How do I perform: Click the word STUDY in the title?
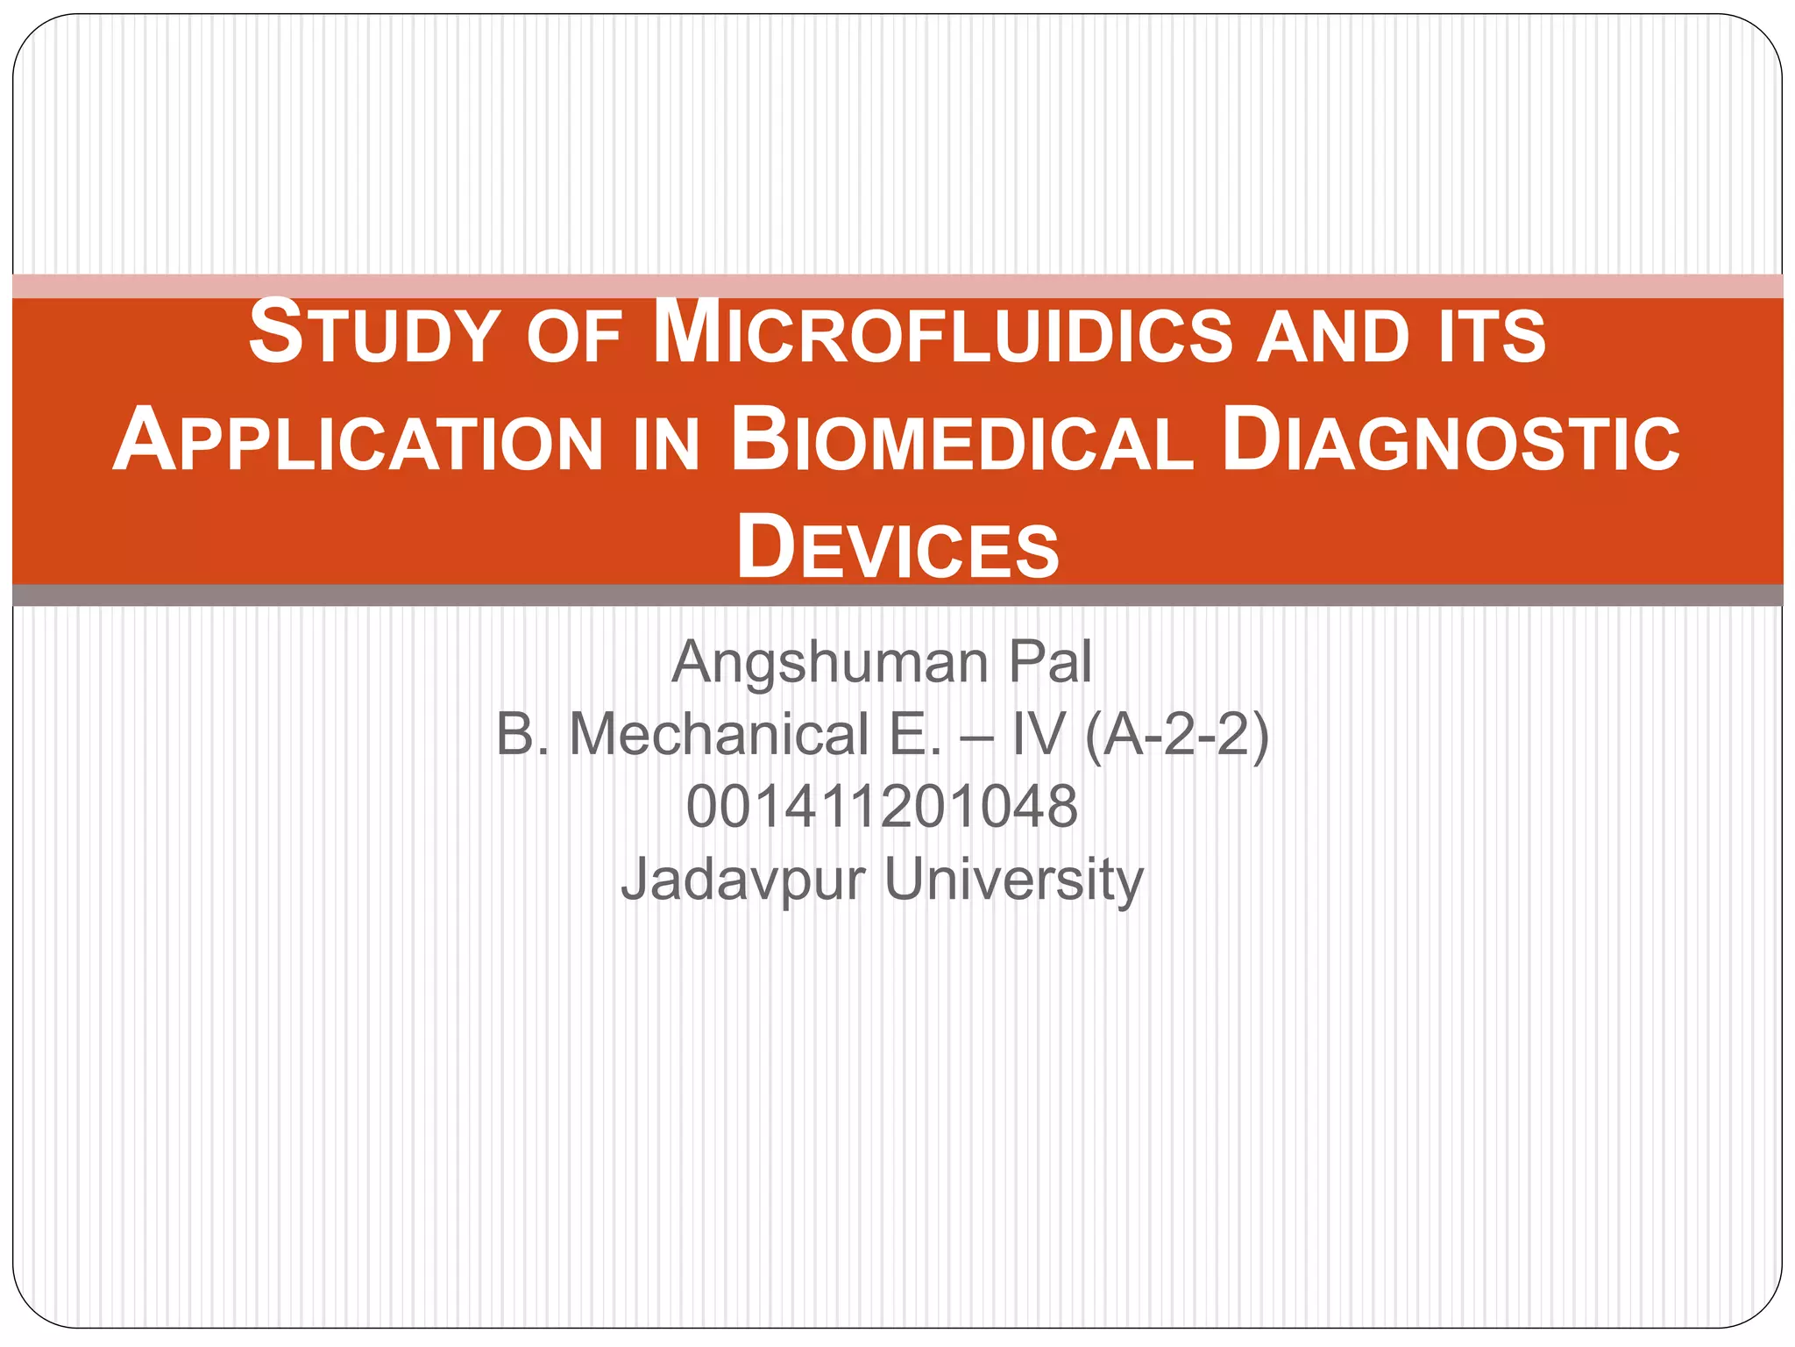(x=374, y=334)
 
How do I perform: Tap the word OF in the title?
(x=574, y=339)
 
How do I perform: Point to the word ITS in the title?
(x=1491, y=339)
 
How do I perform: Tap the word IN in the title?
(x=665, y=445)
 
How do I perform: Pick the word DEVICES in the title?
(x=897, y=548)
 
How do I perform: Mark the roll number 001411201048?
(x=882, y=806)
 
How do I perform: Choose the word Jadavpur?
(x=743, y=880)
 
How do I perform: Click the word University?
(x=1014, y=880)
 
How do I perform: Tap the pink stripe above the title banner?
(x=897, y=286)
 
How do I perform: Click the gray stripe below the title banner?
(x=897, y=595)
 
